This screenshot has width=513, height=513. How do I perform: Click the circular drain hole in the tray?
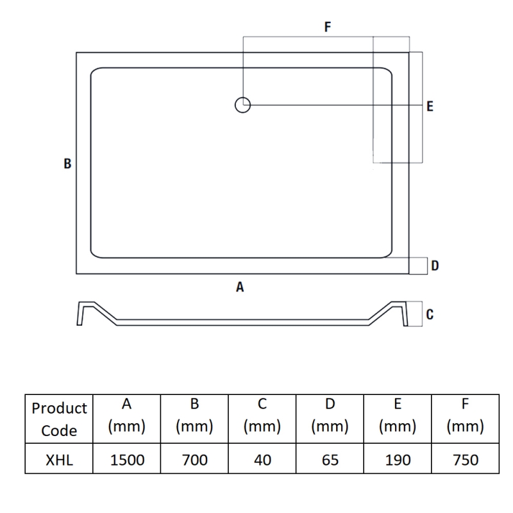242,105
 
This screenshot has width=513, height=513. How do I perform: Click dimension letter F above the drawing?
328,27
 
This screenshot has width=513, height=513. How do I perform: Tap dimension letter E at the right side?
430,106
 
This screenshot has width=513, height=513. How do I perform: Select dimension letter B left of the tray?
67,164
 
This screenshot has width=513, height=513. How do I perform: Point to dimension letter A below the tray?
240,287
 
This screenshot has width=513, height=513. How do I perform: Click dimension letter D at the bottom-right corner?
435,265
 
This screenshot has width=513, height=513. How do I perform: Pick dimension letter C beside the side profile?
430,314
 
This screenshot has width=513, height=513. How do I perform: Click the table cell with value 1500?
127,460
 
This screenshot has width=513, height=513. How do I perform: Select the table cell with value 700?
195,460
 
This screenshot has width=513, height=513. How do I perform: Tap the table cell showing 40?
262,460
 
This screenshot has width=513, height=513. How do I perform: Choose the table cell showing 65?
330,460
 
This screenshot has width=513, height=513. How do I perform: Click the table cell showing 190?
398,460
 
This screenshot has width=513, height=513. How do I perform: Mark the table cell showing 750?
466,460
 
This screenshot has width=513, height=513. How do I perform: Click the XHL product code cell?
59,460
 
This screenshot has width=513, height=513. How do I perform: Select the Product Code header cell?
59,419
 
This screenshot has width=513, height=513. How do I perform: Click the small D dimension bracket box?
419,265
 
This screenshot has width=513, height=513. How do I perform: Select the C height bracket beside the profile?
416,314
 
